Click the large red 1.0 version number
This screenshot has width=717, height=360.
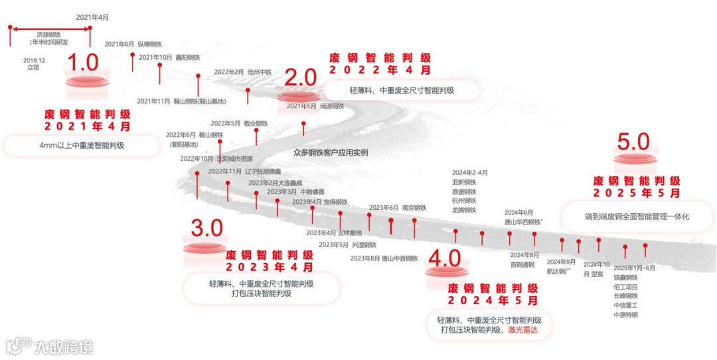tap(84, 63)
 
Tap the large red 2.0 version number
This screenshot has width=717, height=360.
tap(301, 78)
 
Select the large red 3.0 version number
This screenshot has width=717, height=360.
tap(206, 228)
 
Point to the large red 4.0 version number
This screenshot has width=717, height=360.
tap(445, 258)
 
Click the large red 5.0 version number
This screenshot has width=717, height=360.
tap(633, 141)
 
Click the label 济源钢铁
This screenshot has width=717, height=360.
tap(48, 34)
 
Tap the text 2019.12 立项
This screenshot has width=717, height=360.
tap(34, 64)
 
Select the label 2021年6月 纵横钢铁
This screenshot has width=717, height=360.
tap(133, 44)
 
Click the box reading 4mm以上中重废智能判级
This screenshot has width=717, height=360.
tap(82, 145)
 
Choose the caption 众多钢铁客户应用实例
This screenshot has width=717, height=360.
tap(331, 152)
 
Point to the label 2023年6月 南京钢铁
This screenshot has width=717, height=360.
tap(398, 208)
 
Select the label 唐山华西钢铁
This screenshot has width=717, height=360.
tap(524, 222)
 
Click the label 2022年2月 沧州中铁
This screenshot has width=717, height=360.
tap(243, 72)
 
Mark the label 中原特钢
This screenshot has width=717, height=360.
tap(625, 315)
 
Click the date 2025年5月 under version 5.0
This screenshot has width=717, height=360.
tap(637, 193)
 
